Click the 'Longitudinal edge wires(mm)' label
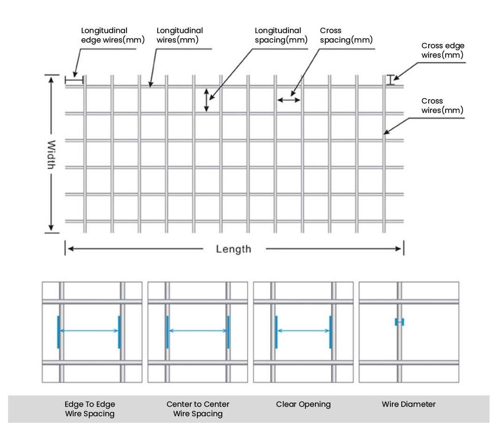tap(112, 35)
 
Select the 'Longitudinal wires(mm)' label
tap(180, 35)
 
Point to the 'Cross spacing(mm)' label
tap(346, 35)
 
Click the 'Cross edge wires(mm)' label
tap(442, 51)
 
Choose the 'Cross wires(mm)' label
tap(442, 106)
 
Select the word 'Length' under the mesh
tap(234, 249)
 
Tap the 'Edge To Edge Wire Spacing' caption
tap(90, 409)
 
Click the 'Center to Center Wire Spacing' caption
tap(198, 409)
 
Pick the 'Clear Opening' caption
tap(303, 404)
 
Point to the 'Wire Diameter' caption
tap(409, 404)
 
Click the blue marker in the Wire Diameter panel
tap(399, 322)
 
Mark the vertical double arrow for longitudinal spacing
tap(206, 100)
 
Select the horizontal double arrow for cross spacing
tap(288, 100)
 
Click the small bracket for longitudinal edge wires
tap(74, 80)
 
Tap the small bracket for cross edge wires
tap(390, 80)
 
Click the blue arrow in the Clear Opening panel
tap(303, 331)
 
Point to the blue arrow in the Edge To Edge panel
tap(88, 331)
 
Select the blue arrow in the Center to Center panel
tap(198, 331)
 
